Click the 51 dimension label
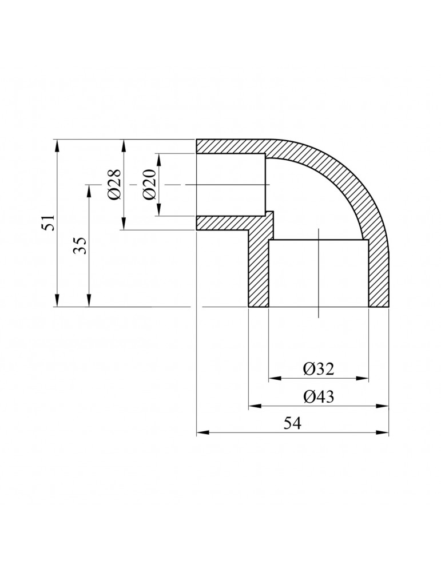click(50, 223)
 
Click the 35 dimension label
click(81, 245)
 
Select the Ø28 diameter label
click(115, 184)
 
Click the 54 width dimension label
click(292, 424)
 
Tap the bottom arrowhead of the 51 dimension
click(57, 301)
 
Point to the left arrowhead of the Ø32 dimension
click(273, 378)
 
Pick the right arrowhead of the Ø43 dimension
click(384, 406)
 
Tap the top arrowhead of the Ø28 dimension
click(124, 144)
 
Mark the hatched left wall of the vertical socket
click(258, 269)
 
